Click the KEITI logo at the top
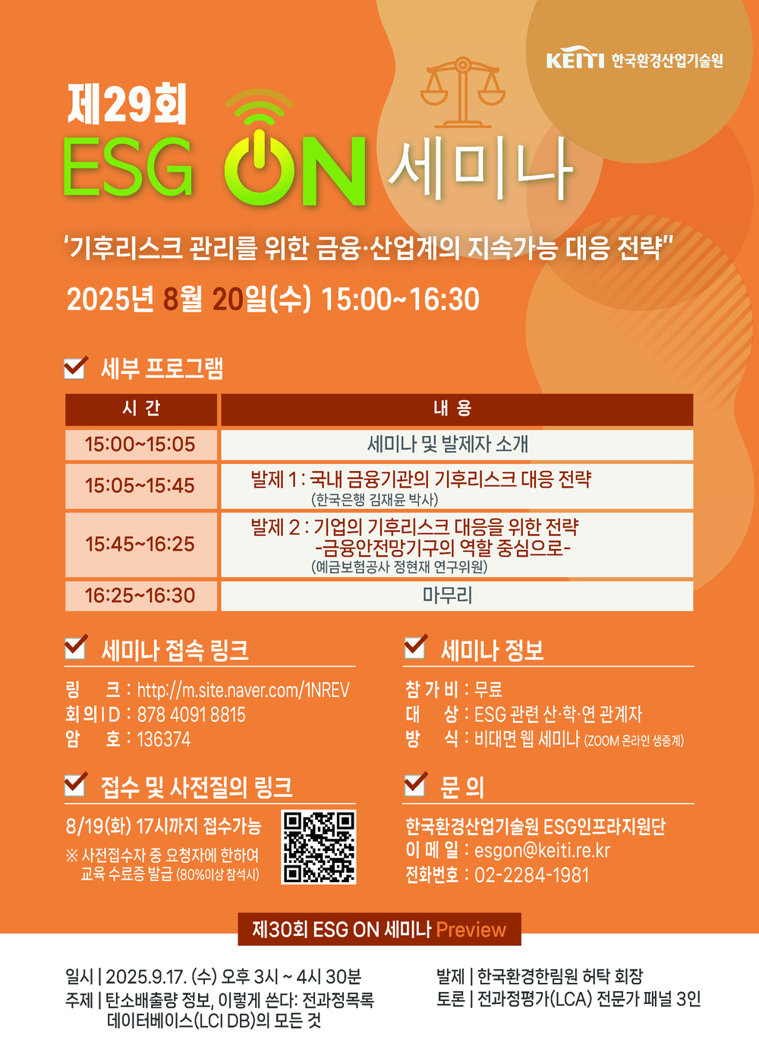pyautogui.click(x=575, y=60)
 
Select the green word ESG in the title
pyautogui.click(x=128, y=168)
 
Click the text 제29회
pyautogui.click(x=127, y=105)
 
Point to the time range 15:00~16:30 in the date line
pyautogui.click(x=400, y=300)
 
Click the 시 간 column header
pyautogui.click(x=141, y=409)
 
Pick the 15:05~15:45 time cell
pyautogui.click(x=140, y=485)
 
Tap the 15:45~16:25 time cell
pyautogui.click(x=140, y=544)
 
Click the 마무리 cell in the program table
pyautogui.click(x=447, y=595)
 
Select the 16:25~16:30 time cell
pyautogui.click(x=140, y=595)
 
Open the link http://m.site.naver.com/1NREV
pyautogui.click(x=243, y=690)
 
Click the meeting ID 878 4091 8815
pyautogui.click(x=191, y=714)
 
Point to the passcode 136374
pyautogui.click(x=164, y=739)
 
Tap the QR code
pyautogui.click(x=319, y=847)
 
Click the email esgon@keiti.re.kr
pyautogui.click(x=542, y=851)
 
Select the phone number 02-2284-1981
pyautogui.click(x=531, y=875)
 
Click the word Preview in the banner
pyautogui.click(x=471, y=930)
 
